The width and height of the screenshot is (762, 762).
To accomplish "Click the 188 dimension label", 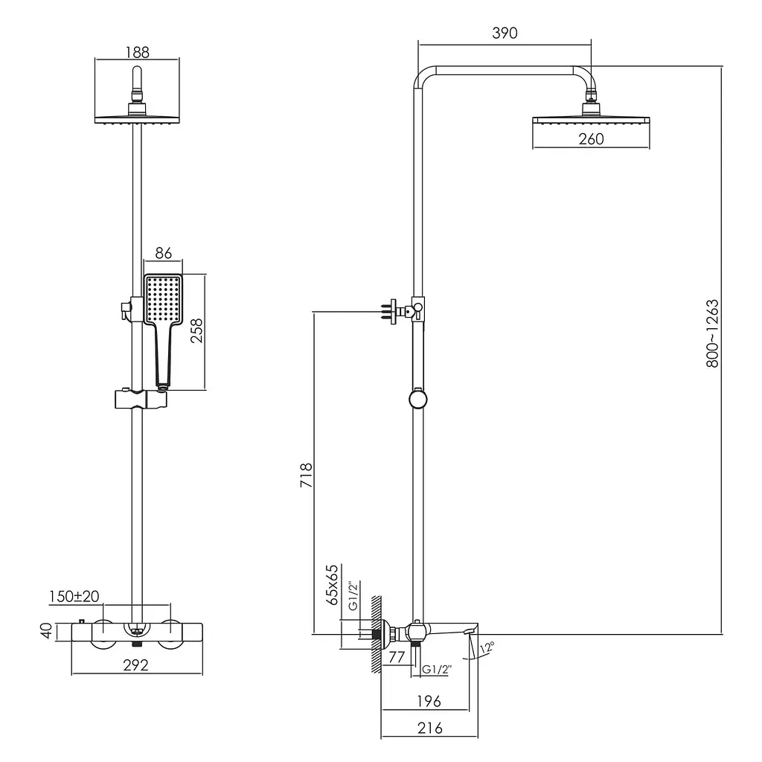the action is [x=138, y=52].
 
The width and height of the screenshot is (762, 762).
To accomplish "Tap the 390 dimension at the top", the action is [x=505, y=33].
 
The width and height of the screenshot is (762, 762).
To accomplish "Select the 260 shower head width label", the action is [x=591, y=139].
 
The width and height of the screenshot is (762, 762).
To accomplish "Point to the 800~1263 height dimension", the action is [x=712, y=333].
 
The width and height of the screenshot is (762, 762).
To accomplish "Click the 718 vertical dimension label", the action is [x=306, y=476].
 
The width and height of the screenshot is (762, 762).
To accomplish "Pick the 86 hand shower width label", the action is [x=164, y=253].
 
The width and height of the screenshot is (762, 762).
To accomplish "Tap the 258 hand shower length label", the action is [x=196, y=331].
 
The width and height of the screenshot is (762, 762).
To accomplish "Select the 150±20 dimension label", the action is [x=74, y=596].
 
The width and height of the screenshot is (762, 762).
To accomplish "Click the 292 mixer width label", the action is [x=135, y=665].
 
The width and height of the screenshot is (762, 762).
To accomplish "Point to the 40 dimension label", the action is [x=46, y=631].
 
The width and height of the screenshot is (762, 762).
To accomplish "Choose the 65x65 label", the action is [x=332, y=585].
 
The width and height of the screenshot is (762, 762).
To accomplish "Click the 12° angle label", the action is [x=487, y=648].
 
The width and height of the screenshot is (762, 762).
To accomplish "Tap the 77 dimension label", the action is [x=397, y=657].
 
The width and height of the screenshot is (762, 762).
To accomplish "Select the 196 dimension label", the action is [x=429, y=701].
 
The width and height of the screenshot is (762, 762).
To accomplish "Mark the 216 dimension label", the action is [x=430, y=728].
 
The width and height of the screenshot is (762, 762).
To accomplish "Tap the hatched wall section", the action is [x=376, y=634].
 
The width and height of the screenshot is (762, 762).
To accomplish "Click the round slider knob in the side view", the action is [x=418, y=400].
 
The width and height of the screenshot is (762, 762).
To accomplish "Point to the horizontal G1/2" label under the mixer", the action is [x=437, y=670].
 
